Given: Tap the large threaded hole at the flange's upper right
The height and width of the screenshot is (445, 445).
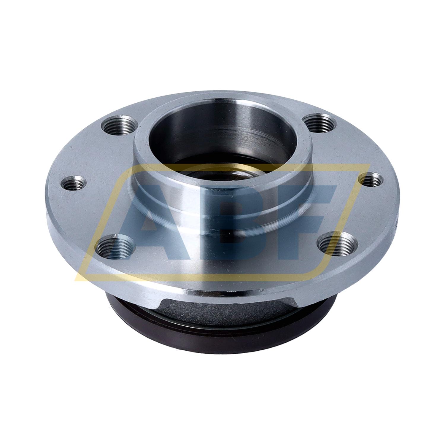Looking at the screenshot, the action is pos(320,123).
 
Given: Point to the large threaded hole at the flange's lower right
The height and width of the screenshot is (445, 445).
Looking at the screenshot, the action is pos(338,242).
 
